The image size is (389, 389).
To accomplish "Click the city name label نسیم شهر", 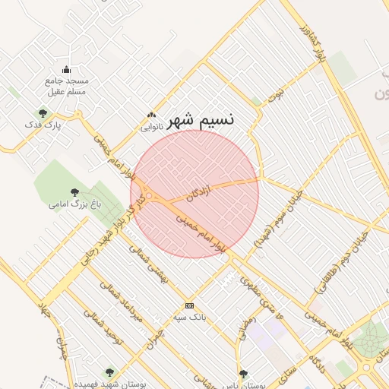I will pyautogui.click(x=201, y=119).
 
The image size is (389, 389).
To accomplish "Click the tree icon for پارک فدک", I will pyautogui.click(x=43, y=113).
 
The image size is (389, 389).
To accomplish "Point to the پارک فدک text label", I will pyautogui.click(x=43, y=125).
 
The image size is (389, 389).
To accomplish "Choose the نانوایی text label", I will pyautogui.click(x=151, y=127).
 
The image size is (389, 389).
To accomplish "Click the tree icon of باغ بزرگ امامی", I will pyautogui.click(x=74, y=192).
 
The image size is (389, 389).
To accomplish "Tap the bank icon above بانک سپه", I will pyautogui.click(x=189, y=305).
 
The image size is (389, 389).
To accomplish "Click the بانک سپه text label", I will pyautogui.click(x=189, y=315).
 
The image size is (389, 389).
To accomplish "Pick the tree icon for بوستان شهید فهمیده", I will pyautogui.click(x=109, y=372).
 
